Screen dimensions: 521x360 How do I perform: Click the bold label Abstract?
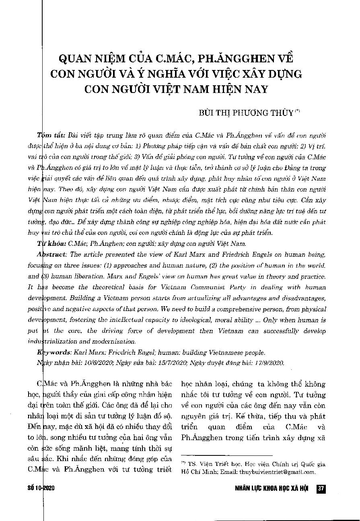[x=52, y=254]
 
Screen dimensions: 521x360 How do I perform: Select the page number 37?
[x=321, y=488]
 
